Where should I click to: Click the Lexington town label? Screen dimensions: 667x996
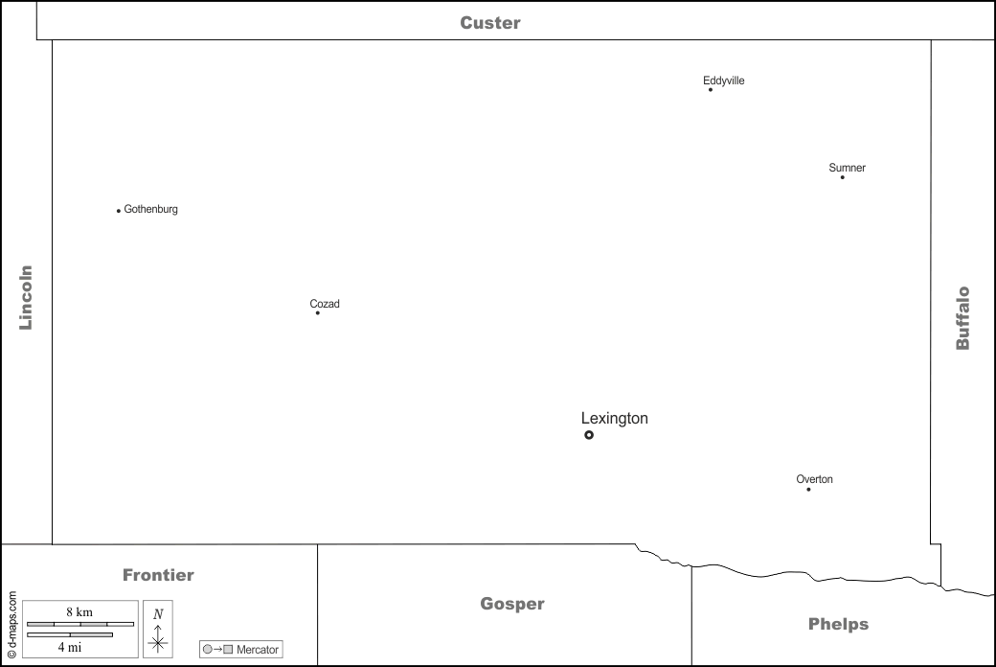tap(614, 419)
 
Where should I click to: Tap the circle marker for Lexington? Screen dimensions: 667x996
tap(589, 435)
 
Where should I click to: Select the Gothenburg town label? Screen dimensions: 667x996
tap(151, 209)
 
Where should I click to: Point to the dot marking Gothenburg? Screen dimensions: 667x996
tap(119, 211)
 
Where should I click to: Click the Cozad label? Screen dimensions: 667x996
tap(325, 304)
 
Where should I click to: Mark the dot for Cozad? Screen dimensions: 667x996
tap(318, 313)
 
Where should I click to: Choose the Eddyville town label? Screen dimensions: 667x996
tap(723, 80)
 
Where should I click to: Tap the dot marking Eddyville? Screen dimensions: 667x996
tap(711, 90)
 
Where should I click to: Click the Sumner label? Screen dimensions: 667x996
tap(847, 168)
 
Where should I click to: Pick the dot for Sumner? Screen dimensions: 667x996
tap(843, 177)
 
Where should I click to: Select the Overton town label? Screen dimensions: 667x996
tap(814, 479)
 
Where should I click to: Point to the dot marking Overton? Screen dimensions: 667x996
tap(808, 490)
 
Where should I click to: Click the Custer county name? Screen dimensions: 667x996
tap(489, 23)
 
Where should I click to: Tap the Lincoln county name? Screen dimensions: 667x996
tap(26, 297)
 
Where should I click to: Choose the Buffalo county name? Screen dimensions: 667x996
tap(962, 318)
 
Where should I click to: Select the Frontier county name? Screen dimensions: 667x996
tap(158, 575)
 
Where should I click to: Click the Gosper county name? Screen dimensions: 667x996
tap(512, 604)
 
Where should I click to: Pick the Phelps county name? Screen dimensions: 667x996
tap(838, 624)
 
